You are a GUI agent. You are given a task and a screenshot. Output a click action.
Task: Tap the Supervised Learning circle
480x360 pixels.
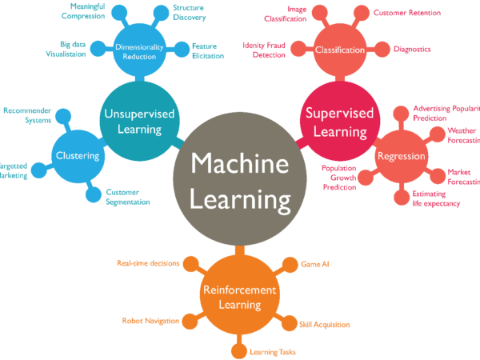pos(339,121)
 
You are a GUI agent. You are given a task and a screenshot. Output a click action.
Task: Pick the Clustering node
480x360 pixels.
pos(78,155)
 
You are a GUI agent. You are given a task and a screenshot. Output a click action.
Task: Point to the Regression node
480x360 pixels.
pos(401,155)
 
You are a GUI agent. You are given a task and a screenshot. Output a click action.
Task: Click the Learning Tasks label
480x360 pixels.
pos(267,350)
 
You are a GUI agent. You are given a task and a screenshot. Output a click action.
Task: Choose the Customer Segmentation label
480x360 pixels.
pos(128,197)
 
